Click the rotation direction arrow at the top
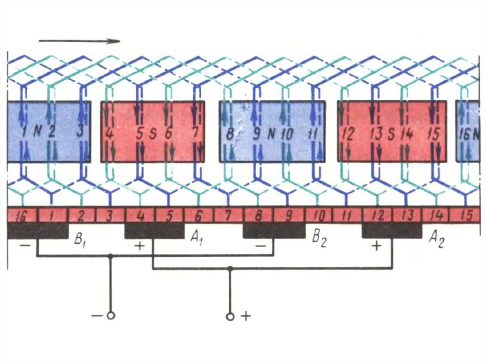79,41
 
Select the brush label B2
319,239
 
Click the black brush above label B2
273,231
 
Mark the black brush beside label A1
154,231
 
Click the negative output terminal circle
111,316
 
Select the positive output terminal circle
230,316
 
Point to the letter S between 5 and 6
154,133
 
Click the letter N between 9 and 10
271,134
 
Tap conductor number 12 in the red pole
348,134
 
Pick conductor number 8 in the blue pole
230,134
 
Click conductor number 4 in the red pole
109,133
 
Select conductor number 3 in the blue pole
80,132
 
